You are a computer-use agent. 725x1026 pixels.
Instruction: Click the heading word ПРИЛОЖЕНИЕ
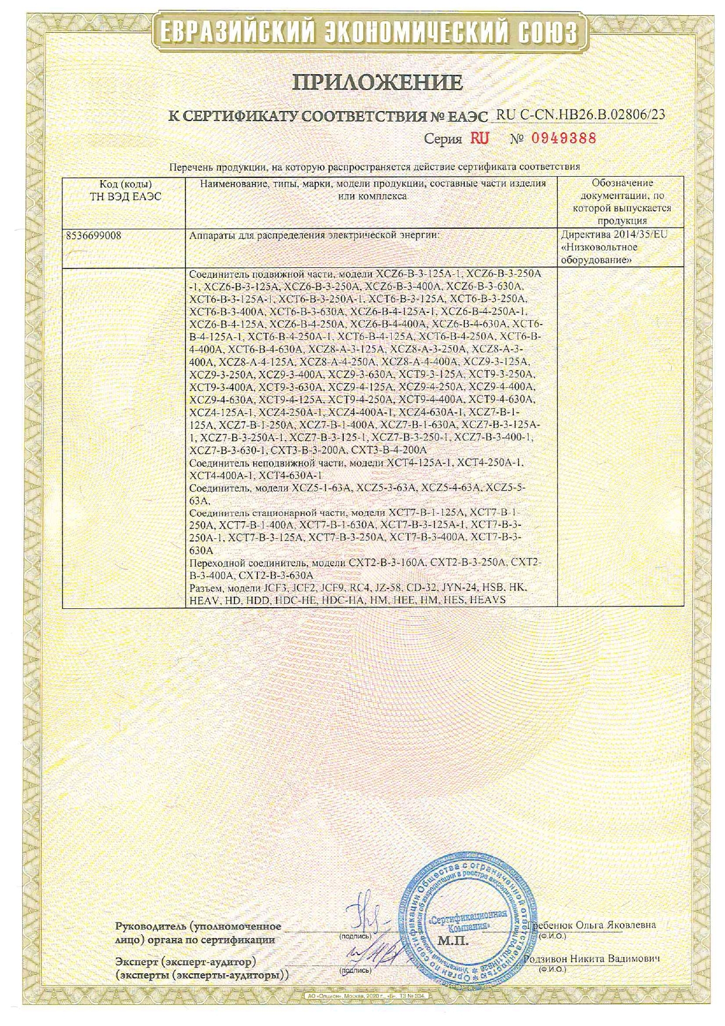point(377,82)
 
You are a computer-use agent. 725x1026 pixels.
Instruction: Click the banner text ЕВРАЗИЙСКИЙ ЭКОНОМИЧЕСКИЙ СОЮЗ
point(368,32)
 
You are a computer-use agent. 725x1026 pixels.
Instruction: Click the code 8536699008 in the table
point(94,235)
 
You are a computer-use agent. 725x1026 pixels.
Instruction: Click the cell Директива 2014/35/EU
point(614,235)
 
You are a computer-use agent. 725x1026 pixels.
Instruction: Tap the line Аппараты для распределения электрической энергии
point(313,235)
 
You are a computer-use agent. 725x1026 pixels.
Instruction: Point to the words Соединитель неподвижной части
point(267,463)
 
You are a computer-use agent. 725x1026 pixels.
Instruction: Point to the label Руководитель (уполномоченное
point(198,927)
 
